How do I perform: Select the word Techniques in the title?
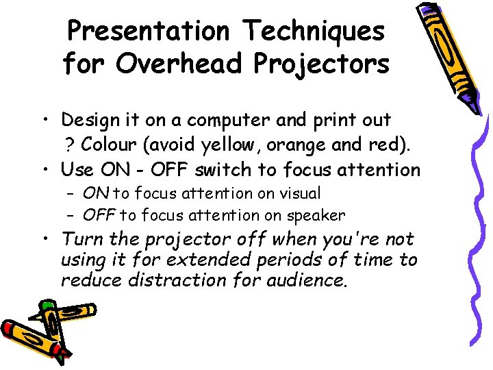(x=314, y=31)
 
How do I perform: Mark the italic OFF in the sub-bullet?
(x=99, y=216)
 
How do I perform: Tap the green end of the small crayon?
(x=47, y=306)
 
